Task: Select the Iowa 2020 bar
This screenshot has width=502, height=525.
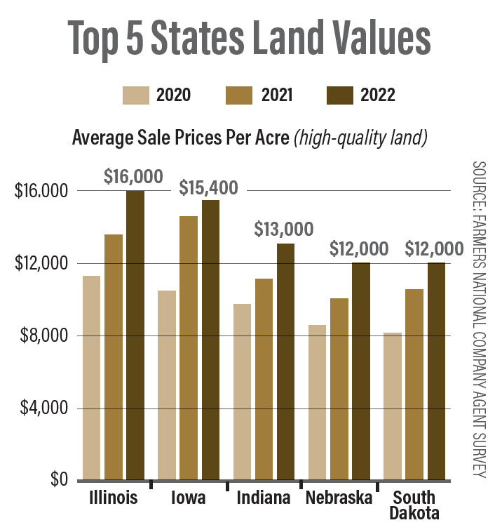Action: point(167,385)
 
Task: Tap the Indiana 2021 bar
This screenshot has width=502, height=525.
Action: point(264,379)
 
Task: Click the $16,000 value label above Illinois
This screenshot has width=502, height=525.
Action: point(133,177)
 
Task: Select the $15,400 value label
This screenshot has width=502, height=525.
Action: point(208,187)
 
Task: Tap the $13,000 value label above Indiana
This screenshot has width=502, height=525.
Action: point(283,229)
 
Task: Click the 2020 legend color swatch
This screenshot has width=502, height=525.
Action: point(136,95)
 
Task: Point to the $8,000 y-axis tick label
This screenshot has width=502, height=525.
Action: point(41,336)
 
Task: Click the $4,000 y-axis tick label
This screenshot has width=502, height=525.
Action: point(41,408)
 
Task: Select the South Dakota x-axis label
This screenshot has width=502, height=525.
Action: point(416,505)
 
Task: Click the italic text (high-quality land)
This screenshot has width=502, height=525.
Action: point(361,138)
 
